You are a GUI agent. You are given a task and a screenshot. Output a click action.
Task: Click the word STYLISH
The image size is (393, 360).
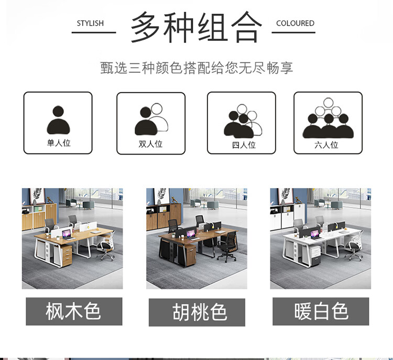click(90, 23)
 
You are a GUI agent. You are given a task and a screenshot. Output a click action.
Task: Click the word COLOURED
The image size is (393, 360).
click(295, 23)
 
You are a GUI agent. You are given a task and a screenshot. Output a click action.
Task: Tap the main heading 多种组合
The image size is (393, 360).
click(196, 27)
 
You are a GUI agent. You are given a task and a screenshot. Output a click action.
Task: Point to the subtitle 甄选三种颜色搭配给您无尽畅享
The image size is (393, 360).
click(196, 68)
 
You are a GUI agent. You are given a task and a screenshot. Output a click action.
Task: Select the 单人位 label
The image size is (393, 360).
click(59, 143)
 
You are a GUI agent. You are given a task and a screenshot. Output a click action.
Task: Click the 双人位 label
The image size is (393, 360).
click(150, 144)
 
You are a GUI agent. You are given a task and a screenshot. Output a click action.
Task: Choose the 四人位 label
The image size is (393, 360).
click(244, 145)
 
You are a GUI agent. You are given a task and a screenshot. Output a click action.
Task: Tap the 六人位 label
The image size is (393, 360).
click(326, 145)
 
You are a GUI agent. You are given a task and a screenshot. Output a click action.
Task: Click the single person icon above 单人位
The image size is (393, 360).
click(58, 119)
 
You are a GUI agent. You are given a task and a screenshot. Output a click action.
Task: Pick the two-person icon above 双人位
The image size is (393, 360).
click(151, 119)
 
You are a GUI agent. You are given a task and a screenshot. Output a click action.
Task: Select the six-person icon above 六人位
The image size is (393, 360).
click(328, 118)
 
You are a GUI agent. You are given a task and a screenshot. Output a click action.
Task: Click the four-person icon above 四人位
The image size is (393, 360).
click(243, 121)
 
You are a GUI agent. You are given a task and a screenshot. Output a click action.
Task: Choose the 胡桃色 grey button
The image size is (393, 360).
click(197, 312)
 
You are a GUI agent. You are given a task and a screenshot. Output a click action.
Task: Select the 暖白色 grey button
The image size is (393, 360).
click(321, 311)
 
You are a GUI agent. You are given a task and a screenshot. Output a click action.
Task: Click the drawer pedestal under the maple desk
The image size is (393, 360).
click(67, 255)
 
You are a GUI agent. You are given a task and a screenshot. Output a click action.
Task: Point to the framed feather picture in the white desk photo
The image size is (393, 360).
click(285, 197)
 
